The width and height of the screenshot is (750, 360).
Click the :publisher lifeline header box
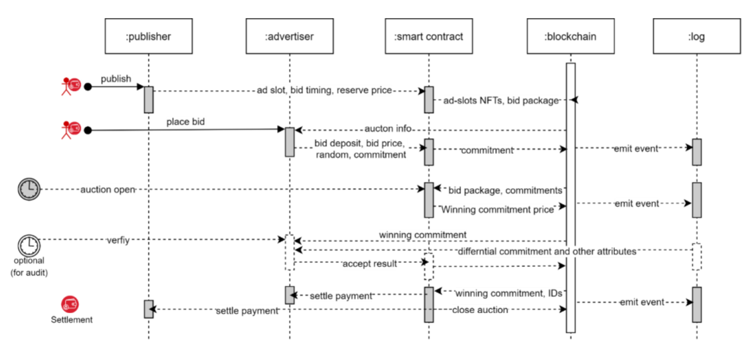click(x=149, y=36)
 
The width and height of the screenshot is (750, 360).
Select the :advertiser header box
click(x=289, y=36)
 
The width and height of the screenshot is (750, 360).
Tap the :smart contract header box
click(x=429, y=36)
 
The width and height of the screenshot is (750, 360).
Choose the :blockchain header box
click(x=570, y=36)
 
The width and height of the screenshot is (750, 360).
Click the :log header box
click(x=696, y=36)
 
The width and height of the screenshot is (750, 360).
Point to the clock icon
click(x=29, y=189)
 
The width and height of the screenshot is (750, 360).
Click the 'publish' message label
click(x=116, y=79)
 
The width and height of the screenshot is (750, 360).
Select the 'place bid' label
click(x=185, y=122)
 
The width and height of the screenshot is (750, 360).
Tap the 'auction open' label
click(x=108, y=189)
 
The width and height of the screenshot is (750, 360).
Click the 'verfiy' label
click(x=118, y=240)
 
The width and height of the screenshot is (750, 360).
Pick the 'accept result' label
click(x=370, y=264)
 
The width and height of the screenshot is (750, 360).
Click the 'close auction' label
click(x=480, y=310)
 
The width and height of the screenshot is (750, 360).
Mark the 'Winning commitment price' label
click(x=497, y=210)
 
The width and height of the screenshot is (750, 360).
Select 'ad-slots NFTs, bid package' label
click(x=500, y=101)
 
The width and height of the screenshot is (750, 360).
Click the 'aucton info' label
click(x=387, y=128)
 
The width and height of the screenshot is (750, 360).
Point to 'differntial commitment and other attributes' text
click(x=547, y=252)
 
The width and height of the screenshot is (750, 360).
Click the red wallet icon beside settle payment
click(x=70, y=304)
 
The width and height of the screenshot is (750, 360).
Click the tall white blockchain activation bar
click(x=571, y=197)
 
